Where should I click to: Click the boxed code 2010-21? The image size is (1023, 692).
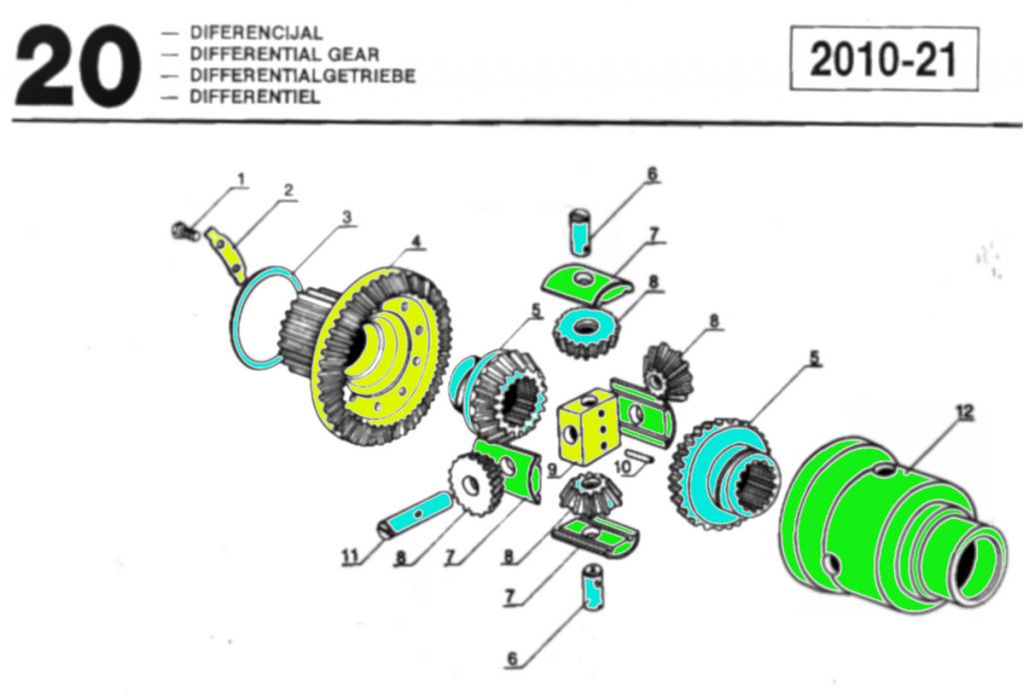pos(883,60)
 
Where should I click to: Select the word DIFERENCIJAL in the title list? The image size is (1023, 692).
pos(256,33)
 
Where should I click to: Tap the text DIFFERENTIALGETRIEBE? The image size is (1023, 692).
pos(302,76)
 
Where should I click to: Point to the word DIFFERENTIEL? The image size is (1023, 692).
pos(254,97)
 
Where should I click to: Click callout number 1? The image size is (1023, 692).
pos(241,180)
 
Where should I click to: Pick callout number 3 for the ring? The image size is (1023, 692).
pos(347,216)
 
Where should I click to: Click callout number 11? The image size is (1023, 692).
pos(351,558)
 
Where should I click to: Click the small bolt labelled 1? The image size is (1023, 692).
pos(181,231)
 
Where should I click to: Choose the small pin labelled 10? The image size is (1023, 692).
pos(640,458)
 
